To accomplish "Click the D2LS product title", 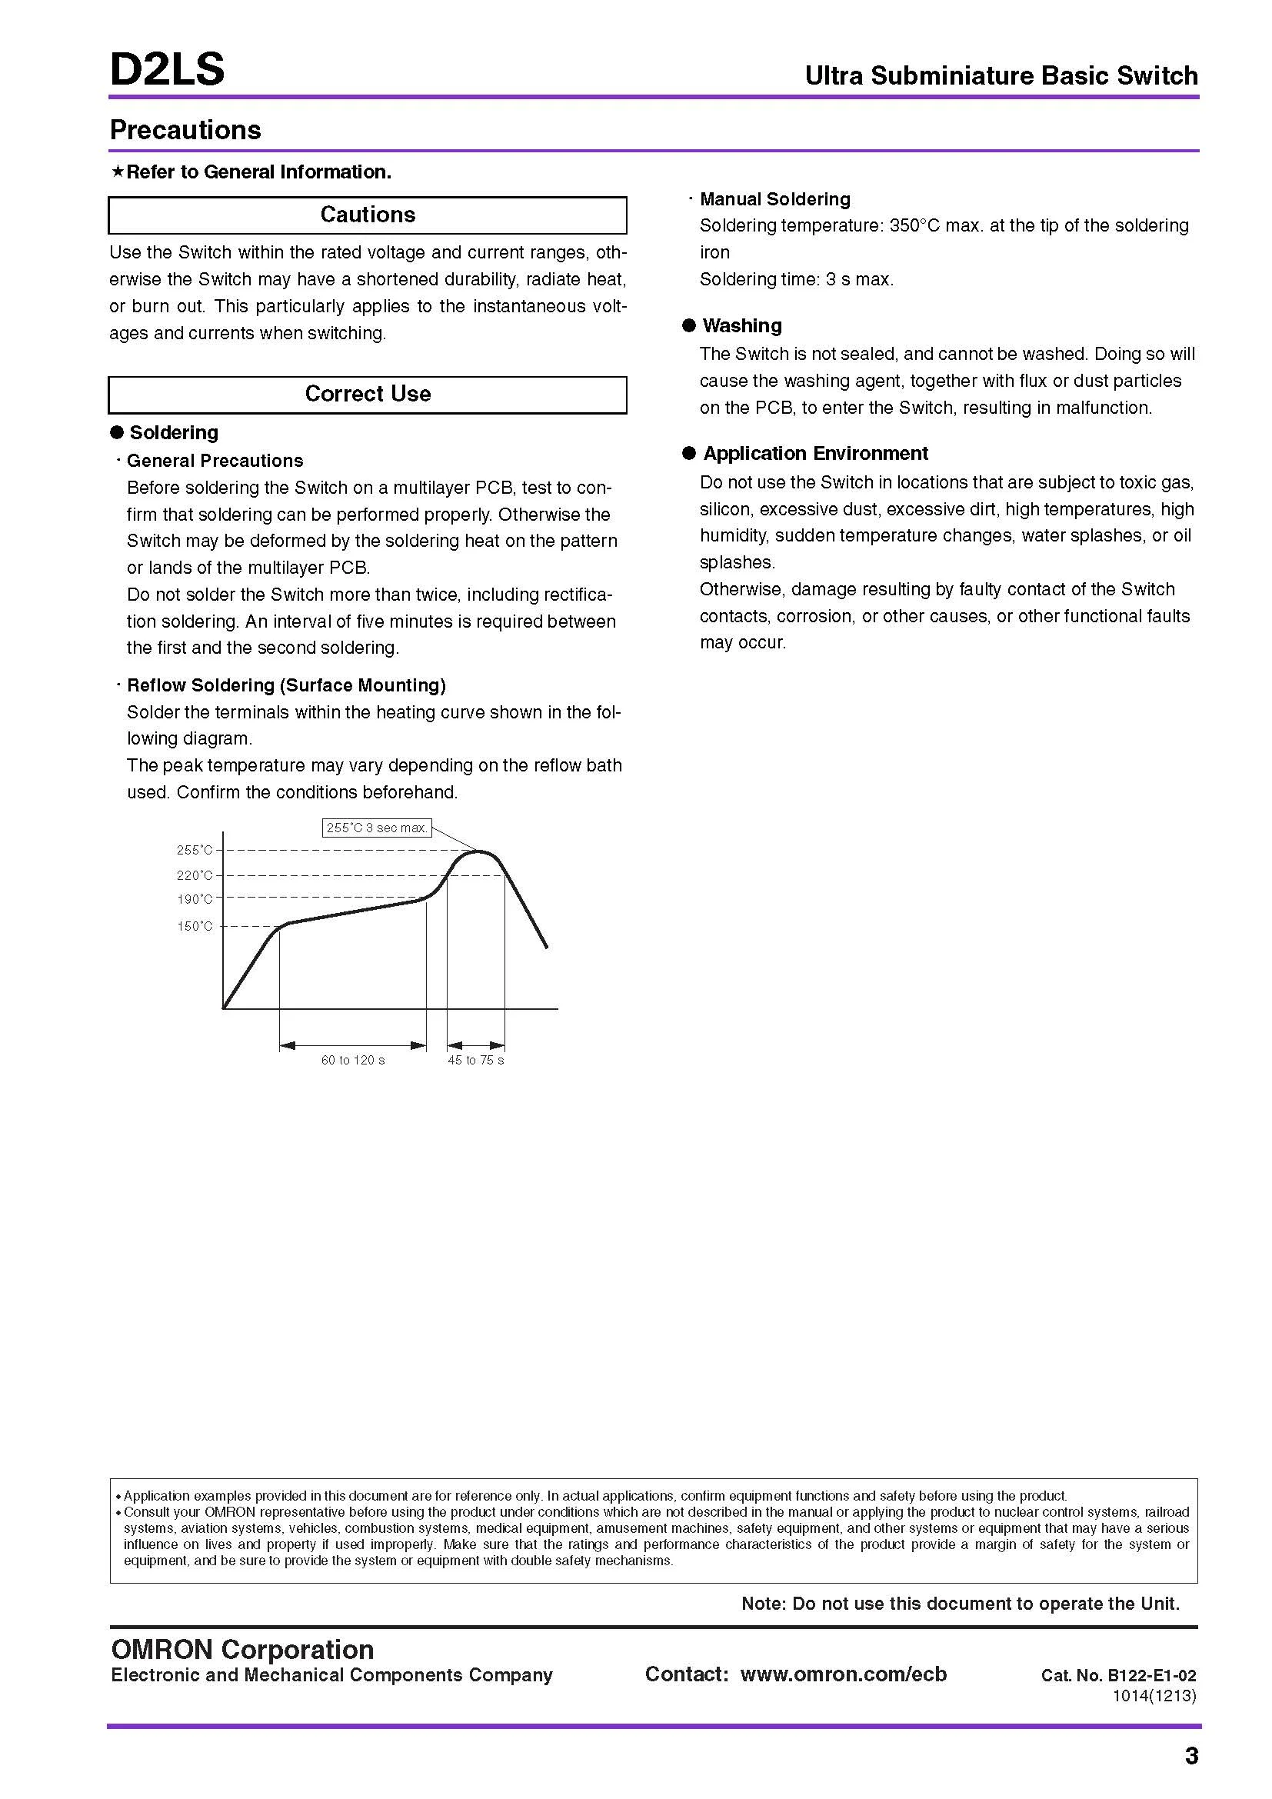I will tap(167, 69).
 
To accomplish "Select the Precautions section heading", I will tap(185, 130).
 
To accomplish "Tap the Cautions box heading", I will tap(368, 215).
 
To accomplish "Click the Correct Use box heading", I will tap(368, 394).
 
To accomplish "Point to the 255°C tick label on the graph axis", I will tap(195, 850).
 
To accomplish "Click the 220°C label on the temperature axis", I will tap(195, 875).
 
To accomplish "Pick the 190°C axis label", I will tap(195, 900).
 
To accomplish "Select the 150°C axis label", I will tap(195, 927).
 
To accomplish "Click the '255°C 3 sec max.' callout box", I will tap(377, 828).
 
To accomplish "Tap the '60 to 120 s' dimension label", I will tap(352, 1061).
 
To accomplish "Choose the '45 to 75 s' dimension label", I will tap(475, 1061).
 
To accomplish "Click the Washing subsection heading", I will tap(741, 326).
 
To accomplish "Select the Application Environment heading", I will tap(814, 454).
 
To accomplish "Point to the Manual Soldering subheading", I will tap(774, 200).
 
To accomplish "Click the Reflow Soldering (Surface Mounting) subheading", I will tap(286, 685).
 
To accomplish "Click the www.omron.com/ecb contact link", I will tap(843, 1674).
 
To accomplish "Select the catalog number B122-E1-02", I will tap(1151, 1676).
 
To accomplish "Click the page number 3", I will tap(1190, 1756).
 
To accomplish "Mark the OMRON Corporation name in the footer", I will tap(242, 1650).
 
